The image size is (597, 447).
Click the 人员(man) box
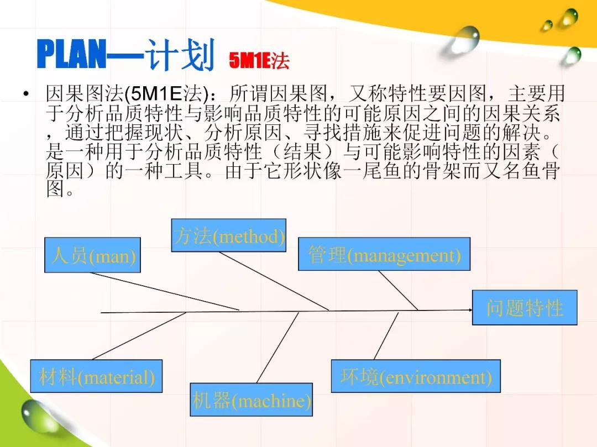(x=92, y=255)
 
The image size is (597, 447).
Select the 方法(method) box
(x=228, y=235)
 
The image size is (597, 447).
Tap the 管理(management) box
(x=384, y=254)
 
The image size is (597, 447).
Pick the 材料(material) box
(x=96, y=376)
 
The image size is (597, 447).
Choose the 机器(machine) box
(x=252, y=399)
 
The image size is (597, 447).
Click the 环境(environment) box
(x=416, y=376)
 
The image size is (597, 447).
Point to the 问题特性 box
(x=525, y=307)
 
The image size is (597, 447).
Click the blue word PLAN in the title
(x=71, y=54)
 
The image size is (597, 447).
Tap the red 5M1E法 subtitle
(x=259, y=60)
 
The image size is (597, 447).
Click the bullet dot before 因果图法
(x=26, y=93)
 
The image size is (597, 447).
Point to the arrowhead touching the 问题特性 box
(x=470, y=310)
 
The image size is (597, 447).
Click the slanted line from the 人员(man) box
(x=165, y=291)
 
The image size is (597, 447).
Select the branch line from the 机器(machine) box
(x=277, y=348)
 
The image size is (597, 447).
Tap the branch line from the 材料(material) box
(x=139, y=336)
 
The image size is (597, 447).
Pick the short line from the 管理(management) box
(x=398, y=290)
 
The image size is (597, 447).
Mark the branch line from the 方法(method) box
(x=274, y=281)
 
